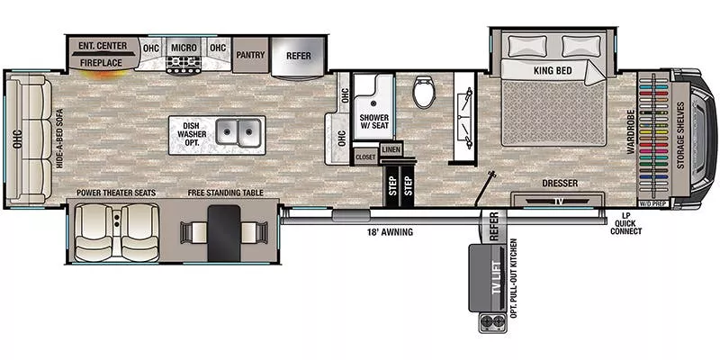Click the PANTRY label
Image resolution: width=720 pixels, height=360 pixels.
tap(248, 54)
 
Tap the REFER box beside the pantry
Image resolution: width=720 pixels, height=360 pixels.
tap(298, 54)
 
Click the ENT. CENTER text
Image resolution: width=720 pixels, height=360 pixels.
tap(103, 46)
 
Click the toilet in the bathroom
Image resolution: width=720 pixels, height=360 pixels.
tap(424, 93)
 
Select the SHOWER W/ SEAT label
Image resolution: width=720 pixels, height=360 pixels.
tap(373, 121)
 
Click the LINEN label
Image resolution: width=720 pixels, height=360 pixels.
tap(390, 149)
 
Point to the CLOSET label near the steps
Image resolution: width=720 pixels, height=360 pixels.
tap(365, 157)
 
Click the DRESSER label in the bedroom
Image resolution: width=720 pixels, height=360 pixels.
tap(560, 184)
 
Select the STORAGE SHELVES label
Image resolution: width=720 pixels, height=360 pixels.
tap(701, 130)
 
